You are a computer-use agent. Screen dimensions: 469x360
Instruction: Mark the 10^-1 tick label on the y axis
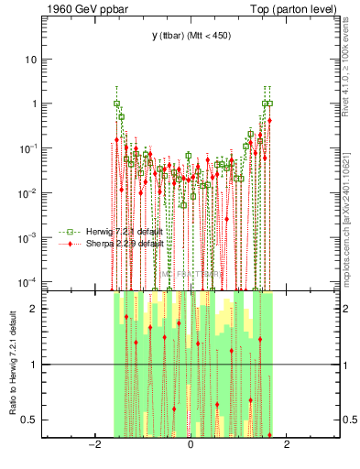tap(27, 148)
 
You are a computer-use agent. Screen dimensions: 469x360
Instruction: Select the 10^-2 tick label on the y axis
tap(27, 193)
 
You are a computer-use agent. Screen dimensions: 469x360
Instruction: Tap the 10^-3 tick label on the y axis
tap(27, 237)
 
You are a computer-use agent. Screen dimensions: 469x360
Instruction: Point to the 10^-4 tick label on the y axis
tap(27, 281)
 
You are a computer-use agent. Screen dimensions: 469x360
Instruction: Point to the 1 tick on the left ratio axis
tap(33, 365)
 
